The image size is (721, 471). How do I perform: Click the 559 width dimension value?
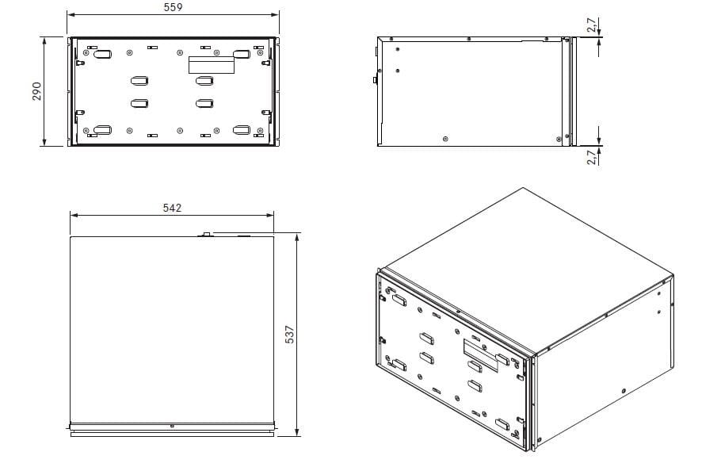[x=173, y=7]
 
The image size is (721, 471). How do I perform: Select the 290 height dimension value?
[x=36, y=91]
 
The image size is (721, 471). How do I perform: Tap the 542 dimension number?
[x=172, y=208]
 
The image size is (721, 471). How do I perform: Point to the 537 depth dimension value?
[x=289, y=335]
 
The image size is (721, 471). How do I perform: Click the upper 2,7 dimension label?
[x=593, y=25]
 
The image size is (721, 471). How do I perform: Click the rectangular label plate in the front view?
[x=212, y=65]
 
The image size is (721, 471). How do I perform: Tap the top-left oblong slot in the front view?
[x=102, y=54]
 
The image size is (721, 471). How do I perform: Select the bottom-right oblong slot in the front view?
[x=242, y=130]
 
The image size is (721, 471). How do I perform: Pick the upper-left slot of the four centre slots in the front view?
[x=139, y=81]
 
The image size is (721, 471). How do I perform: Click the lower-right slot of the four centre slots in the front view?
[x=204, y=104]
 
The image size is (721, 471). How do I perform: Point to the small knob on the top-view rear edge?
[x=207, y=235]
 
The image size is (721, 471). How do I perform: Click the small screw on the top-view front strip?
[x=172, y=427]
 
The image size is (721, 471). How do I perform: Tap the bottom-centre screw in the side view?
[x=444, y=139]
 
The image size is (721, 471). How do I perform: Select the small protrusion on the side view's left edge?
[x=376, y=80]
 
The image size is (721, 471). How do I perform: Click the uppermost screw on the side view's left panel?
[x=397, y=49]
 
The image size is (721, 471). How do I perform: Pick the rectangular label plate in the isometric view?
[x=480, y=355]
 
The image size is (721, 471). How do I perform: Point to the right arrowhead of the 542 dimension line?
[x=270, y=215]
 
